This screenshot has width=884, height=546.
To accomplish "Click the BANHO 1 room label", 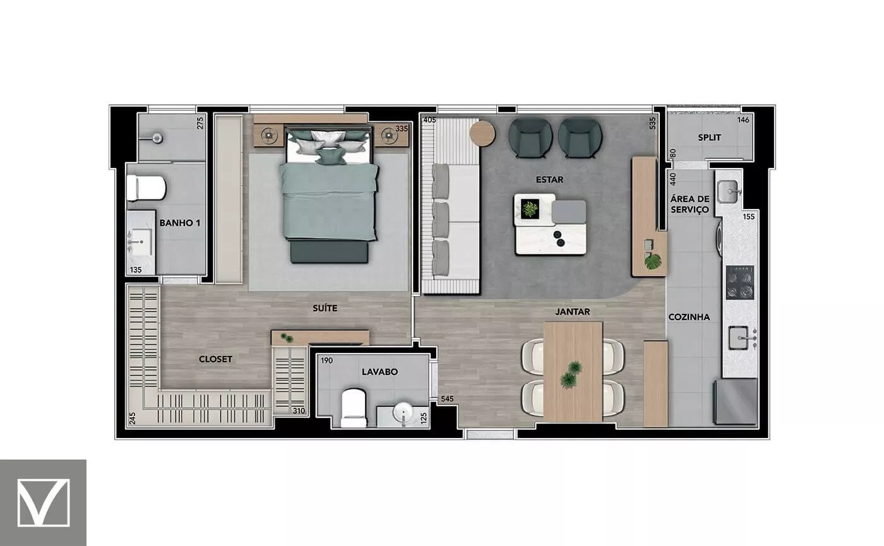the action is point(179,223).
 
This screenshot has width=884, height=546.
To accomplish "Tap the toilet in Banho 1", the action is point(146,188).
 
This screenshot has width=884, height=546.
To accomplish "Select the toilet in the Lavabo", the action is point(353,408).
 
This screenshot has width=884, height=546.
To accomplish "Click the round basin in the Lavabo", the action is point(403,412).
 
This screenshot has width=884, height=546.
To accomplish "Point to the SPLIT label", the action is point(709,138).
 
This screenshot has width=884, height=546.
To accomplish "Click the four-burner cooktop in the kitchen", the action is point(740,283).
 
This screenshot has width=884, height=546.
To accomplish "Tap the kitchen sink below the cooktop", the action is point(738,338).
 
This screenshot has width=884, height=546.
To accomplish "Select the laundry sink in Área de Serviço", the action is point(727,192).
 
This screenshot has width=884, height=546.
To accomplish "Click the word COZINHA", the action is point(689,317).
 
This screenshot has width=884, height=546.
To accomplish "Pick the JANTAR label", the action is point(573,312).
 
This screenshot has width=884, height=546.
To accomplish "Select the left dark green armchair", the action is point(530,138).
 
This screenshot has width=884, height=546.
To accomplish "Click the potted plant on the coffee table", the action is point(530,208).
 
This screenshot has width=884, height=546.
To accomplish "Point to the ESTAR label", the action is point(549,180).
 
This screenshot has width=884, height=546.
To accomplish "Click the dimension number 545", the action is point(447,399).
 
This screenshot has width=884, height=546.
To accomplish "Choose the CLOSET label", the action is point(215,359).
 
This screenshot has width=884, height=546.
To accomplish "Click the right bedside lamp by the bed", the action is point(389,135).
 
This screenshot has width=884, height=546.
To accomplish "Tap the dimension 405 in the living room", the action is point(429,119).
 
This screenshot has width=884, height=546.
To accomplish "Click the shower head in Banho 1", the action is point(157,138).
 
